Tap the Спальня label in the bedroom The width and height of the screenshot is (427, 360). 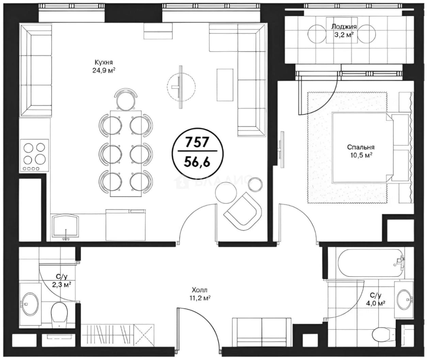point(361,147)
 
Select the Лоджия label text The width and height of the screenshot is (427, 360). point(344,27)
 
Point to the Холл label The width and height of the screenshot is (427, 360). point(200,290)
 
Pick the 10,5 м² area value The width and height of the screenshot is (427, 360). point(361,155)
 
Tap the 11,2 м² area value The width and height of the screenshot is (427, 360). point(200,298)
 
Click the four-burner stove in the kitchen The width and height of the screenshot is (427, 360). point(34,155)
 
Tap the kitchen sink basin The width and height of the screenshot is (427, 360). point(65,225)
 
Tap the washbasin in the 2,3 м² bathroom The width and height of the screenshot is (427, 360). point(30,304)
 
